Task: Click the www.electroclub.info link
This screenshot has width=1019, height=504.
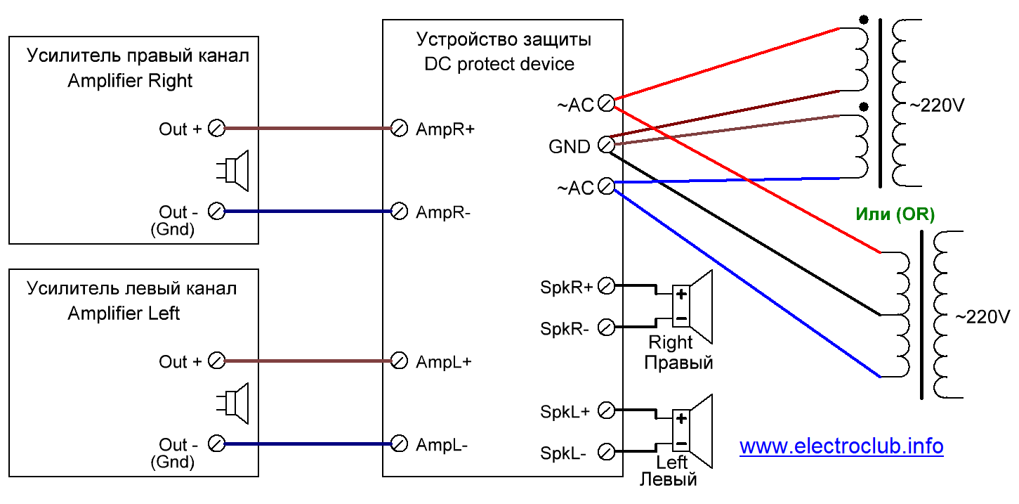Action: [x=841, y=446]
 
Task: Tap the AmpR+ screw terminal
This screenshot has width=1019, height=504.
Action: [x=399, y=129]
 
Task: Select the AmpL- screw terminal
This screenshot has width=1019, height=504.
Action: [x=399, y=444]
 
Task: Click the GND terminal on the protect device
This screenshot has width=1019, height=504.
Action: [x=606, y=145]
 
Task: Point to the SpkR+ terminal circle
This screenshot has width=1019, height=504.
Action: [x=606, y=286]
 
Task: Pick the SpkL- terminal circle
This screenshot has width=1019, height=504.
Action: [x=606, y=452]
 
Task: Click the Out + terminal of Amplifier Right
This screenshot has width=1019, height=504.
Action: [x=216, y=129]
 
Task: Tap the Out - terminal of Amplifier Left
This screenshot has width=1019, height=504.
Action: [x=216, y=444]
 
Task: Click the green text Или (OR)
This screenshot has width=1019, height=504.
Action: [x=895, y=214]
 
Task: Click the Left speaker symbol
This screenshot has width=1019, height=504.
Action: [x=692, y=431]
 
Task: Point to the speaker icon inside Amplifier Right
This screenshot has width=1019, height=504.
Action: [x=232, y=171]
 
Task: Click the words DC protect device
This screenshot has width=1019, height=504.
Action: [x=499, y=64]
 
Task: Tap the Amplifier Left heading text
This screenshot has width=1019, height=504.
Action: [x=124, y=314]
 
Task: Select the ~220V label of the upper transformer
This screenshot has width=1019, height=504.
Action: [x=937, y=105]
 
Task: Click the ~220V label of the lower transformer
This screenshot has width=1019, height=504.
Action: [x=982, y=317]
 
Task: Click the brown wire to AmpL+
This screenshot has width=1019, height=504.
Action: [x=308, y=361]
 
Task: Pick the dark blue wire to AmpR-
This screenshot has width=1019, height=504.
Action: [x=308, y=212]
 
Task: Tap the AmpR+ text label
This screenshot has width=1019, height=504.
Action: [x=445, y=129]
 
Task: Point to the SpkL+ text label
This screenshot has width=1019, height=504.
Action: [x=565, y=412]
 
